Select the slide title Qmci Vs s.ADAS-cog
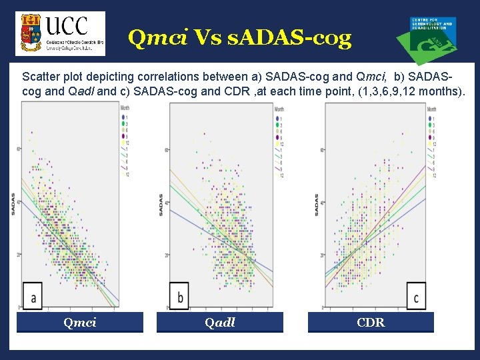click(x=239, y=38)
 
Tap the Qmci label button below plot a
click(x=79, y=323)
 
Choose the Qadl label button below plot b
click(x=219, y=323)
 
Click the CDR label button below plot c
click(x=370, y=323)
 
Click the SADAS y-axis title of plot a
click(x=13, y=203)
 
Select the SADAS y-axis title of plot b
click(x=161, y=203)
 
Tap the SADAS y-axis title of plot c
click(x=316, y=203)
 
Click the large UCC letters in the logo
click(x=67, y=25)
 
